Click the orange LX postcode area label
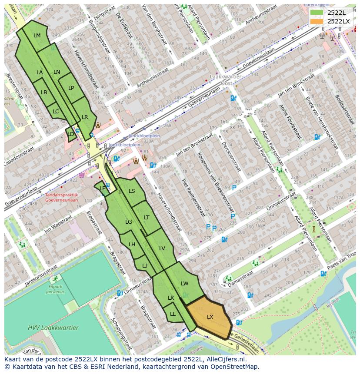[x=210, y=317]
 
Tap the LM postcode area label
[x=37, y=36]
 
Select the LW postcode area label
[x=185, y=284]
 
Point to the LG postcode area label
[x=129, y=222]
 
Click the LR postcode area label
[x=85, y=117]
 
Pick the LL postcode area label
[x=173, y=314]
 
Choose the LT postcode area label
[x=147, y=217]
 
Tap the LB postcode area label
[x=44, y=92]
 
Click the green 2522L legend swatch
[x=317, y=13]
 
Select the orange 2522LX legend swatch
[x=317, y=21]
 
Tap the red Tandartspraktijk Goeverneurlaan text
[x=61, y=198]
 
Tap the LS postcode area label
[x=132, y=191]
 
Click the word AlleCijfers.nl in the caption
[x=224, y=359]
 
